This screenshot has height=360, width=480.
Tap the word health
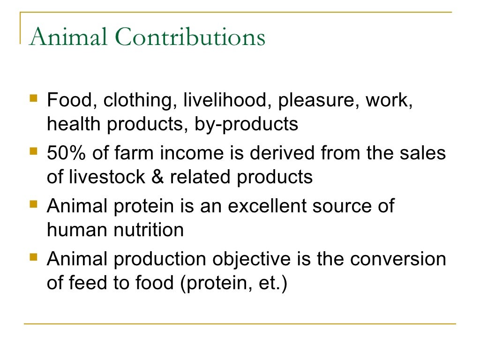75,124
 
